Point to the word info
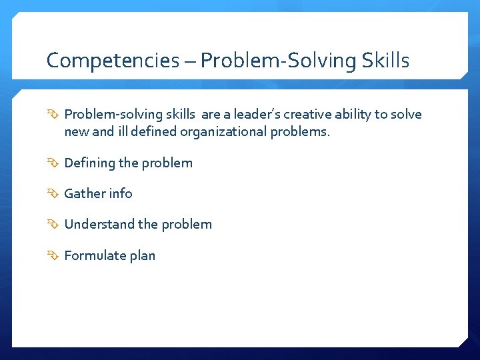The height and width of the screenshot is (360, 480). click(x=121, y=194)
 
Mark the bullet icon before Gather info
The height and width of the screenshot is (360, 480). click(x=53, y=194)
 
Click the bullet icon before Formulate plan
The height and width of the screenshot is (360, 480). click(x=53, y=255)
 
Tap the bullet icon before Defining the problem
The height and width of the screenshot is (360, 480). click(x=53, y=163)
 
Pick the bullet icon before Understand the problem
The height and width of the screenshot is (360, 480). click(x=53, y=225)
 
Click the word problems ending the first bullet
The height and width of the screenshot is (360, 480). click(x=299, y=132)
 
